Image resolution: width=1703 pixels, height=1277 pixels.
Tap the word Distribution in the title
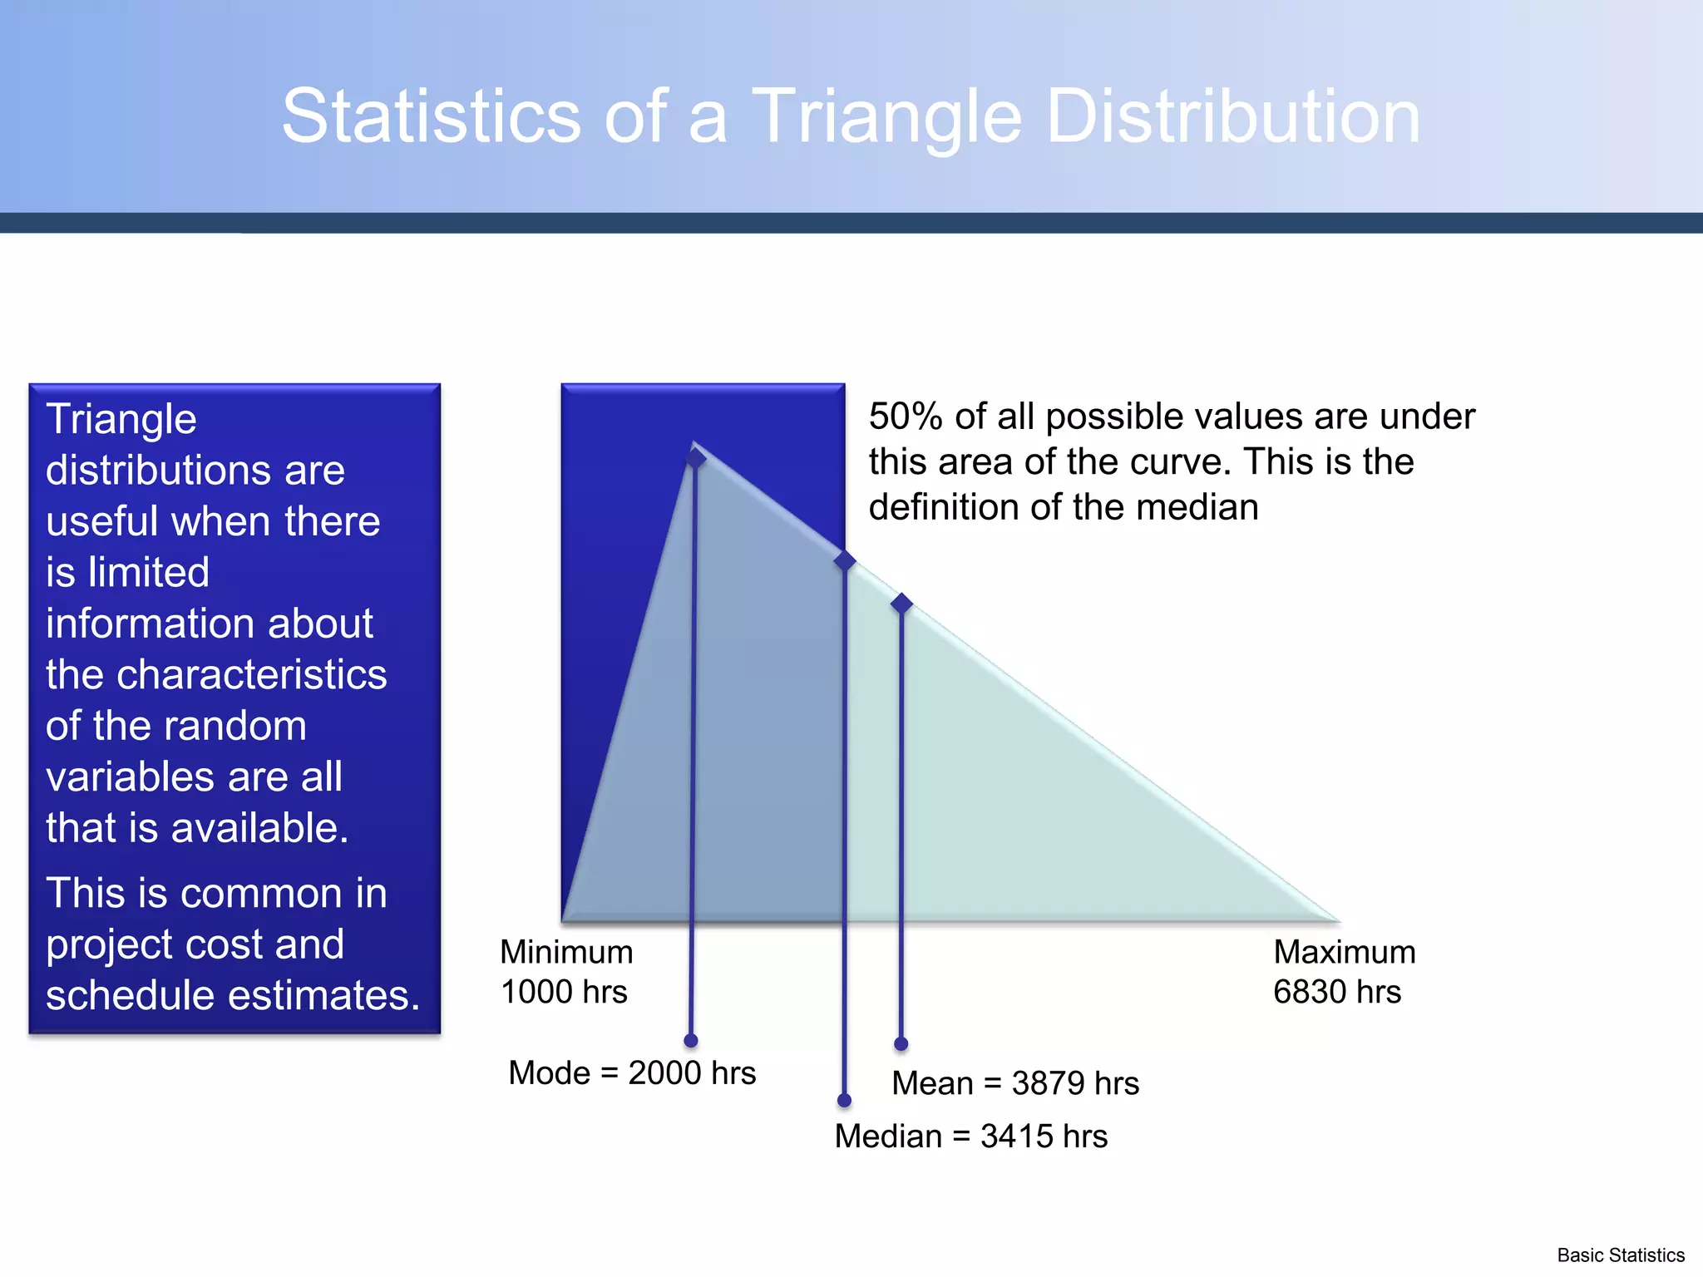coord(1232,116)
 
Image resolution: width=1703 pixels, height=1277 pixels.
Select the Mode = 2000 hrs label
coord(632,1072)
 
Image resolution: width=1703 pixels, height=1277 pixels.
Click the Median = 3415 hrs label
coord(970,1136)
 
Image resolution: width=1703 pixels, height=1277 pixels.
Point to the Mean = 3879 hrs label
coord(1014,1083)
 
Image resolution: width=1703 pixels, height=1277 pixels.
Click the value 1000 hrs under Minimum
coord(564,992)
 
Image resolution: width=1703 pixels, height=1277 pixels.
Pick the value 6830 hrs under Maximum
coord(1336,992)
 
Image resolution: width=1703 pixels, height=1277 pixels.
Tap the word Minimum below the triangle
coord(566,952)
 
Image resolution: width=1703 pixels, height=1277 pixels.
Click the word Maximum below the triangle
coord(1344,952)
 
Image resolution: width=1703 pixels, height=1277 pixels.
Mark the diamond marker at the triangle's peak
coord(695,457)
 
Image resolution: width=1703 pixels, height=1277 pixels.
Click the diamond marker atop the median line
coord(845,560)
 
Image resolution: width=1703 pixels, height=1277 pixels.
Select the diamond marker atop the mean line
coord(901,603)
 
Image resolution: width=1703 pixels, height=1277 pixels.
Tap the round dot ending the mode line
coord(691,1041)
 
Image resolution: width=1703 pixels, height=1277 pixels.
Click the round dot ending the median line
coord(844,1101)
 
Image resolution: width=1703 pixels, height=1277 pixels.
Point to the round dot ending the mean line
coord(901,1043)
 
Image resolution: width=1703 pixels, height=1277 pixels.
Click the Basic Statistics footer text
coord(1620,1255)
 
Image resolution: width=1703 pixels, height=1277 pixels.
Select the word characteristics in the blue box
coord(251,674)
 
